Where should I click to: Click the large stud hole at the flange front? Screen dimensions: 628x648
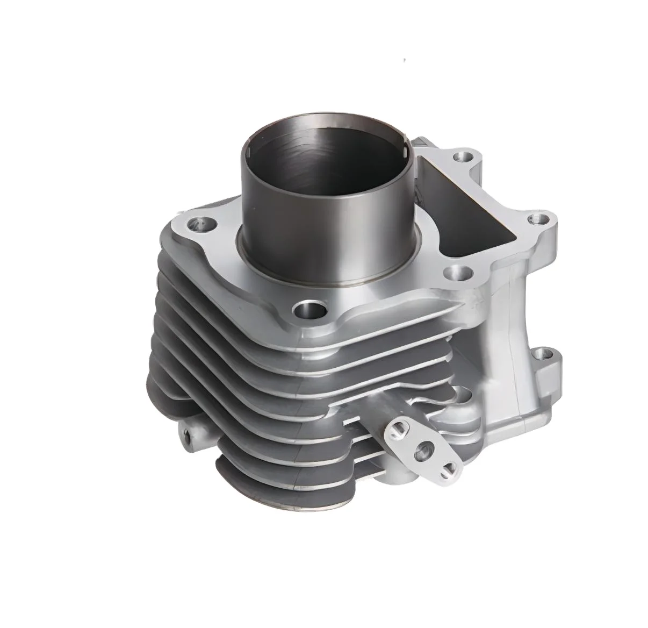(x=308, y=311)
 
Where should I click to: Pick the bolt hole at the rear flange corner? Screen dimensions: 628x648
(x=462, y=157)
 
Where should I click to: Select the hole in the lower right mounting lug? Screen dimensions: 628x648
(x=544, y=355)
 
